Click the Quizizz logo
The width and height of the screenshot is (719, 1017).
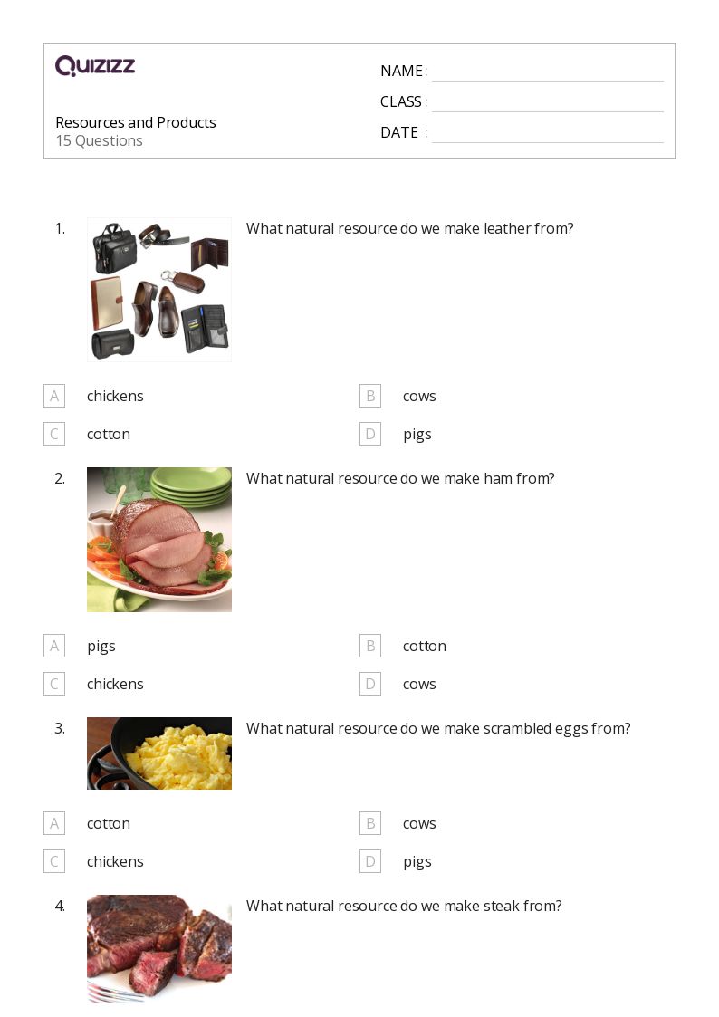pos(95,66)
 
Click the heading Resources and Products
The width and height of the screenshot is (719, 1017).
pos(136,122)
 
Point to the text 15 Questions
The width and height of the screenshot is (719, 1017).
pos(99,140)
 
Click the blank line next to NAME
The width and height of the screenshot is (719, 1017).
pos(547,72)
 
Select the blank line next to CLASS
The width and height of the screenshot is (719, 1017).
pos(547,103)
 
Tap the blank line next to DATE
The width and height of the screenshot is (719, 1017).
pos(547,134)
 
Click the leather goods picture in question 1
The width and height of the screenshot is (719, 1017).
pos(159,290)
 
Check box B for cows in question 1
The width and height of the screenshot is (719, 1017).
pos(369,396)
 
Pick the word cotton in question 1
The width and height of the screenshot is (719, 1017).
pos(109,434)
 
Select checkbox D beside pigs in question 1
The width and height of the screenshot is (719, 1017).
pos(369,434)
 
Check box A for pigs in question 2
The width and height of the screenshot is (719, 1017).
pos(54,646)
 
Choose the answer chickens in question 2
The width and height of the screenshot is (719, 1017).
pos(115,684)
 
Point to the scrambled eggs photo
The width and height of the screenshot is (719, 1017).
pos(159,753)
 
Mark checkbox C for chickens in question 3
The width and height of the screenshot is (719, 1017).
pos(54,861)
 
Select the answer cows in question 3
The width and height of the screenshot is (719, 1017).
pos(419,823)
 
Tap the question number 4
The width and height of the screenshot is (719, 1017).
pos(60,906)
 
